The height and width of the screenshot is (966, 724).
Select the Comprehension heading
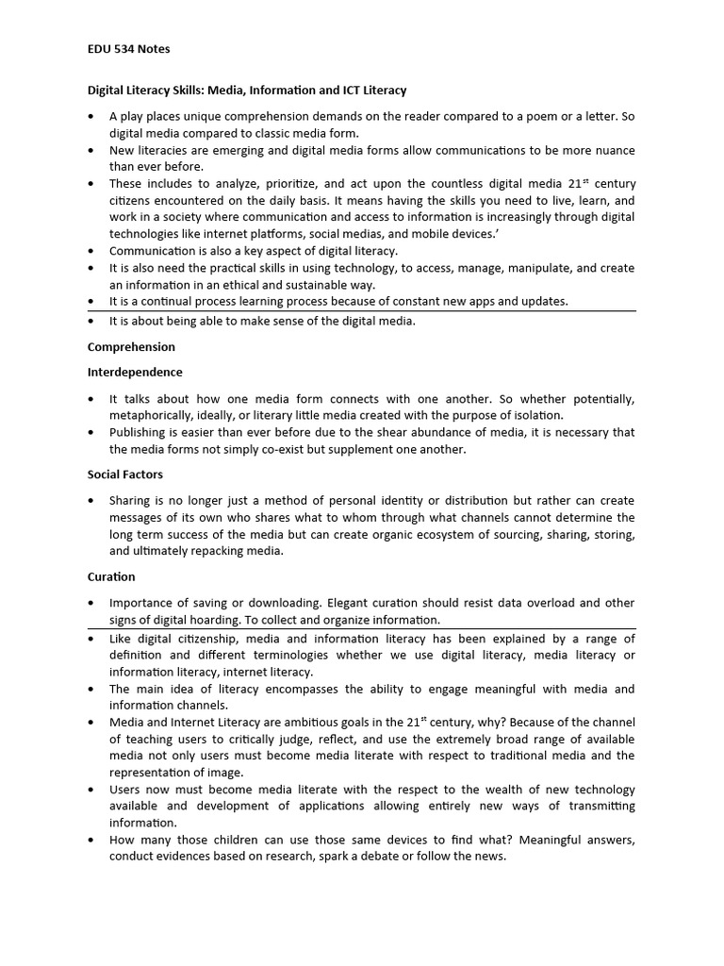[x=131, y=347]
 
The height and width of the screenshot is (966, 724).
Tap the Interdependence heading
[x=135, y=373]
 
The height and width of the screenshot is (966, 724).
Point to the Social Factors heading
[x=125, y=475]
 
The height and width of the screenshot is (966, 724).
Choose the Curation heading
[x=111, y=576]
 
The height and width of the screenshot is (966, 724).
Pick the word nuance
[x=613, y=151]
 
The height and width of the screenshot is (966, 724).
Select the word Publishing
[x=140, y=433]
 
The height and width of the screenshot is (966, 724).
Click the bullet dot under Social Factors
[x=90, y=501]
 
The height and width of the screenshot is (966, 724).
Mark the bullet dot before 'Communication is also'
[x=90, y=252]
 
